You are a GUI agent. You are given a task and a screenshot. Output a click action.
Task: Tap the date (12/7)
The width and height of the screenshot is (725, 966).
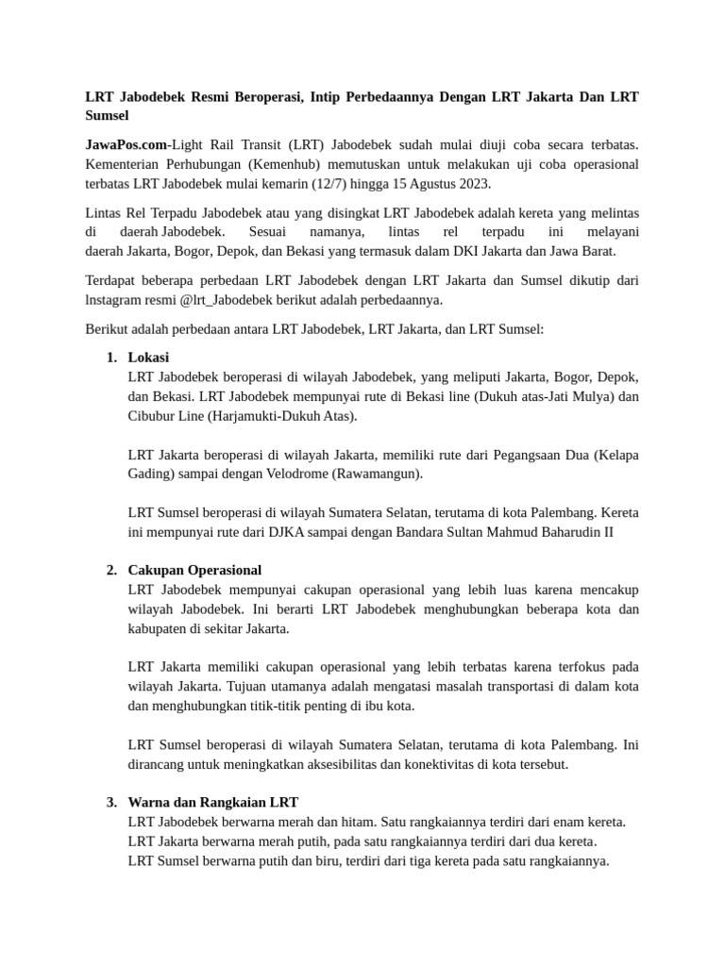coord(355,184)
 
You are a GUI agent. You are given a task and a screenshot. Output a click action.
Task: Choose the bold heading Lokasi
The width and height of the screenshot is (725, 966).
coord(148,358)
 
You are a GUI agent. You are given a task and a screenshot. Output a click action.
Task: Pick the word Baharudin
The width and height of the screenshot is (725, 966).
coord(569,531)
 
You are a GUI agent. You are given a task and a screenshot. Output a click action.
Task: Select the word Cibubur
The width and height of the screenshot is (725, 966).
coord(152,415)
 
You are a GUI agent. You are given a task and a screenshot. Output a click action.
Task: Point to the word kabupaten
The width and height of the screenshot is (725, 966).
coord(161,628)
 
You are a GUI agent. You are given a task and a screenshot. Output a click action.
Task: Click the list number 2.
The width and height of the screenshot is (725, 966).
coord(110,570)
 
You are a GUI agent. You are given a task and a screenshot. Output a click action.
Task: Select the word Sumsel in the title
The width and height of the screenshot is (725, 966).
coord(107,116)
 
